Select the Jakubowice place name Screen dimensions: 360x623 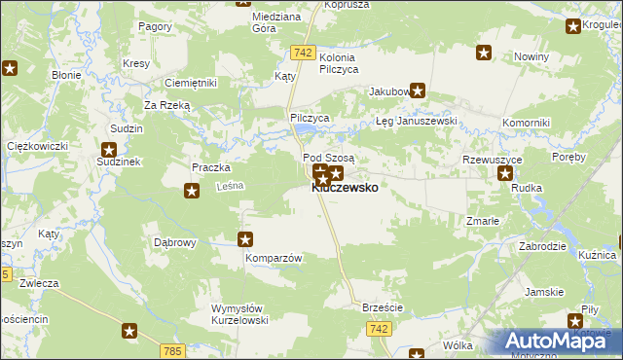pos(387,92)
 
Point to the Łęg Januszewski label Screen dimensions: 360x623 pos(417,122)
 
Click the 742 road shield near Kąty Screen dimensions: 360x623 pos(303,53)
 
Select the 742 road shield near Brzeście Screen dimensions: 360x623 pos(380,331)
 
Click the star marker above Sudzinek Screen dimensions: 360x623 pos(109,150)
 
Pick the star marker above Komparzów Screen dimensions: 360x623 pos(245,239)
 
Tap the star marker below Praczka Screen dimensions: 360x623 pos(192,190)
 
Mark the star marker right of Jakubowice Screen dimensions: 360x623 pos(418,92)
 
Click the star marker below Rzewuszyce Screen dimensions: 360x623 pos(505,174)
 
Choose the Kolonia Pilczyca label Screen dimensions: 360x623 pos(339,63)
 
